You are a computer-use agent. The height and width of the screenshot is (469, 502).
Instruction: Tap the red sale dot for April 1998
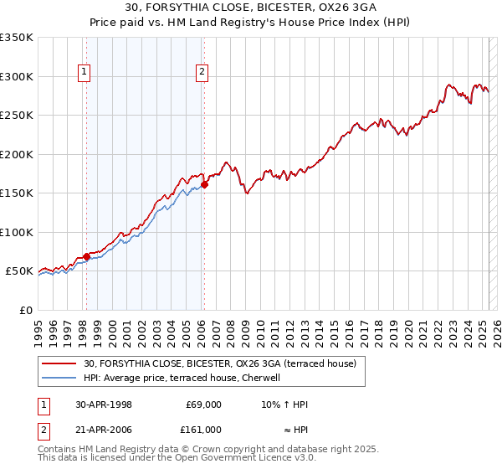[x=86, y=257]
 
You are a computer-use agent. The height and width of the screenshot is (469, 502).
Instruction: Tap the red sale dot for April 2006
[x=204, y=185]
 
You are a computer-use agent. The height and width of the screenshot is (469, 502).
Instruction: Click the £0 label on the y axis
[x=25, y=310]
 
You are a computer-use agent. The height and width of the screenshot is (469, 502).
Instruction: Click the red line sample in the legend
[x=60, y=363]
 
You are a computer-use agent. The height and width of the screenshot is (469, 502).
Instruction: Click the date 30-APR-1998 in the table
[x=104, y=405]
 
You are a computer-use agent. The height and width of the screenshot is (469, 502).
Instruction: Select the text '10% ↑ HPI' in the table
[x=284, y=405]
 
